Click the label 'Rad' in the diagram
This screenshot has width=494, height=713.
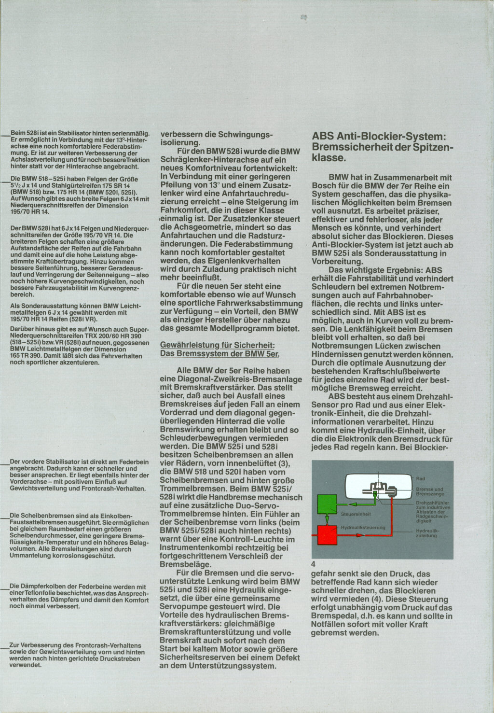(420, 479)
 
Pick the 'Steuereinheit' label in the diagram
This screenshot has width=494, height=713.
(356, 514)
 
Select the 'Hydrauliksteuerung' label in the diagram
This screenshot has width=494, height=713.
(363, 528)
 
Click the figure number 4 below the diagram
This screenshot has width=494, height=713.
(314, 563)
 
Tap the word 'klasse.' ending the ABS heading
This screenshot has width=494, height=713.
(329, 157)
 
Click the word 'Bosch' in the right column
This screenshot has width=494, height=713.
(325, 186)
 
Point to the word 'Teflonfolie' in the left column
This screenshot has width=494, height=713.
(43, 593)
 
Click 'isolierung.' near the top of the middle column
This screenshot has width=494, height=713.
(180, 142)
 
